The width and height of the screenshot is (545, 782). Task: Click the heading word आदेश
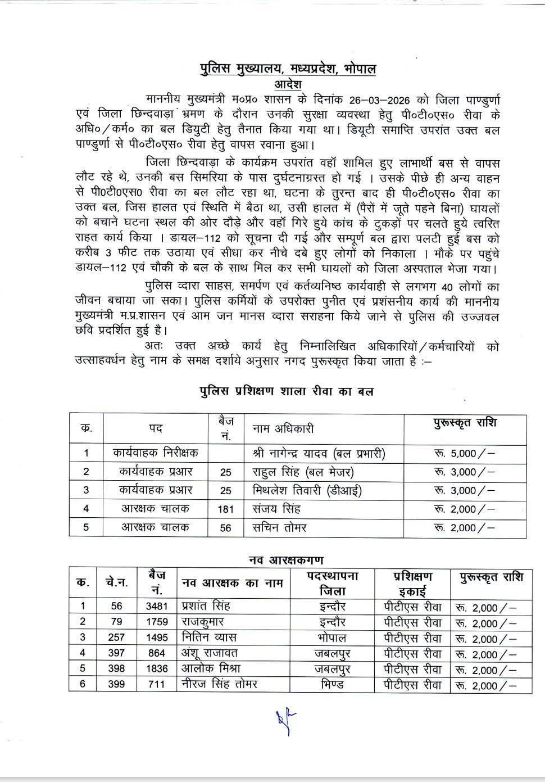[289, 84]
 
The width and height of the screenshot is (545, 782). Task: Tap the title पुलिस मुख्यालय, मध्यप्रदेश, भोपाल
[288, 69]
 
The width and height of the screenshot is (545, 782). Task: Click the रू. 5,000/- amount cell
[464, 453]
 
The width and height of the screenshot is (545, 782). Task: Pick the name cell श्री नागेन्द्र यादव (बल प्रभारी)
[319, 453]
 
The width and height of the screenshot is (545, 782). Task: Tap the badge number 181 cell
[225, 509]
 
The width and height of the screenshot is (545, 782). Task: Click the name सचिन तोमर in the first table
[279, 527]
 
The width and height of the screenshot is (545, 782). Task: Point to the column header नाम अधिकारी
[283, 429]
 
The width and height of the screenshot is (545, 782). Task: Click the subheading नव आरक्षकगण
[286, 560]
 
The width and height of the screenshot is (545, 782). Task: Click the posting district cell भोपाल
[332, 638]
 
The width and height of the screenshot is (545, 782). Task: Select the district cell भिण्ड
[332, 685]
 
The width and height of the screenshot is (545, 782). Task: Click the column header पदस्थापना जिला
[332, 584]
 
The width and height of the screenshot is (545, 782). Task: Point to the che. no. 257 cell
[116, 638]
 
